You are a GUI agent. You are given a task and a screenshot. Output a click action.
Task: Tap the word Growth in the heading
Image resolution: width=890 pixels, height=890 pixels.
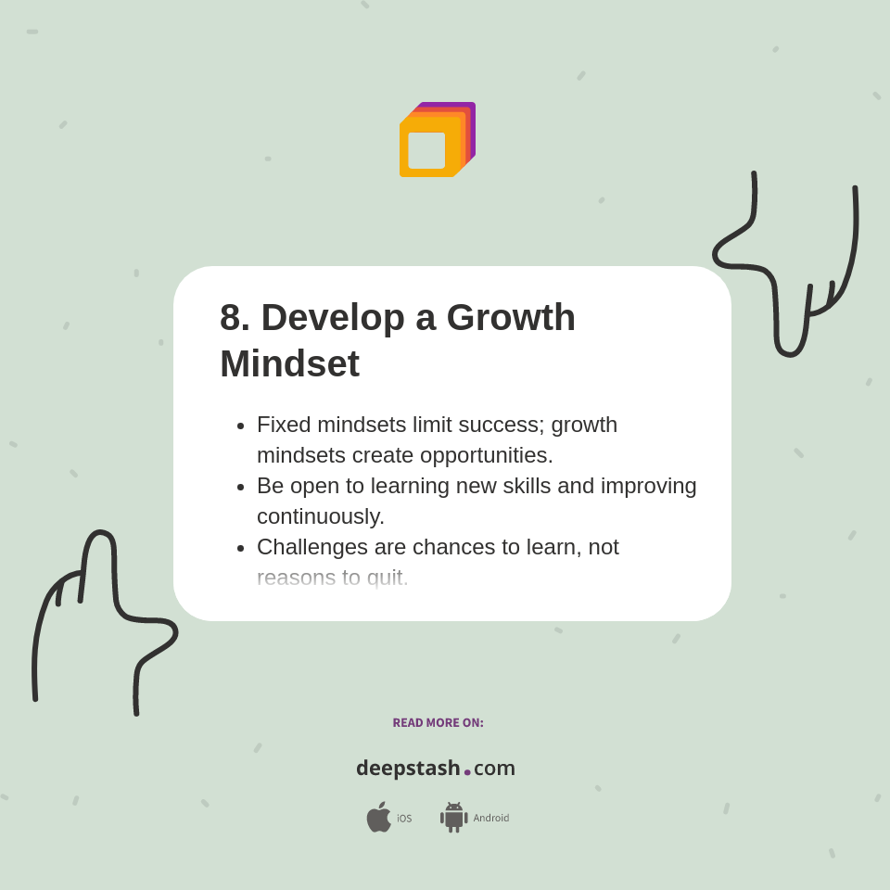[x=511, y=318]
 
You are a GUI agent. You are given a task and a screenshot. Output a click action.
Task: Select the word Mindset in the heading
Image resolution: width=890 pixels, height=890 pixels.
[x=289, y=363]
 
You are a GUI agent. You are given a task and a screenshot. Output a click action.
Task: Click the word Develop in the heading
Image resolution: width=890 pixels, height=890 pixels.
[x=333, y=318]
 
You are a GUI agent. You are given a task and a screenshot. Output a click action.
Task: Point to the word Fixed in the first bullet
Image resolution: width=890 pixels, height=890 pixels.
[x=284, y=425]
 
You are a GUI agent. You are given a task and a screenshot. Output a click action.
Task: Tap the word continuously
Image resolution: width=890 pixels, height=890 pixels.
[x=320, y=516]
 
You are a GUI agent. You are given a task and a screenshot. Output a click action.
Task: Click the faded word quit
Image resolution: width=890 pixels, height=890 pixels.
[x=387, y=578]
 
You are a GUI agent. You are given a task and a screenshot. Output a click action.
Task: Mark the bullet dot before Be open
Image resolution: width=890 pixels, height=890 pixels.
[x=240, y=487]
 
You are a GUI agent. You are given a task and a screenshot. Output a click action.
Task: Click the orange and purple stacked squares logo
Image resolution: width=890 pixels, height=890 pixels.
[x=437, y=139]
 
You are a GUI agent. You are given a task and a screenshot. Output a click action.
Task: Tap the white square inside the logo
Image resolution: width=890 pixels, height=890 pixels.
[x=426, y=150]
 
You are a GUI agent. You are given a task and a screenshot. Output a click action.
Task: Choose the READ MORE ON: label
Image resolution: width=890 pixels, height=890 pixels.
[x=438, y=723]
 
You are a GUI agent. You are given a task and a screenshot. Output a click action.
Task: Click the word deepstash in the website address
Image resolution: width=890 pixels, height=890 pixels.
[x=408, y=768]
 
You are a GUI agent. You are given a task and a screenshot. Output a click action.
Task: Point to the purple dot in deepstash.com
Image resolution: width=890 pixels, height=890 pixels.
[x=467, y=772]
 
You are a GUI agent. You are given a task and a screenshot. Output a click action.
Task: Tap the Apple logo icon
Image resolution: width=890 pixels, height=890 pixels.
[x=378, y=817]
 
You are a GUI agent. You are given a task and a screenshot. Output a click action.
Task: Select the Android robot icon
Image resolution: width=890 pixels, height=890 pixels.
[x=453, y=817]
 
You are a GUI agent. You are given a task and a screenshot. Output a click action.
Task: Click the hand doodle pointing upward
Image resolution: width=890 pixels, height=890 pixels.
[x=102, y=612]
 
